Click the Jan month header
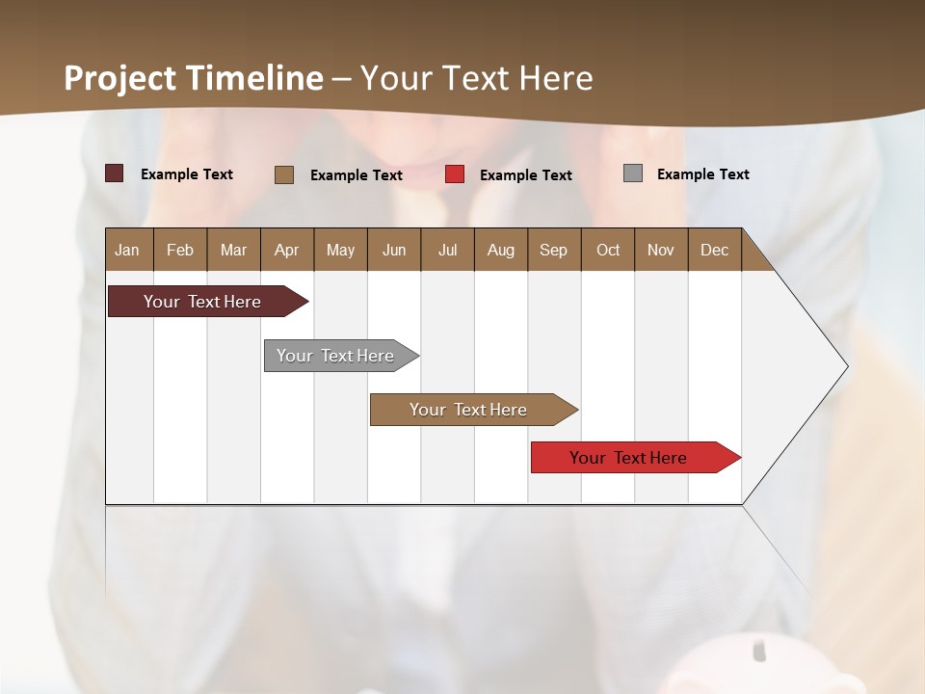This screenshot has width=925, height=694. [127, 250]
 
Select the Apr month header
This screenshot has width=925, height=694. [286, 250]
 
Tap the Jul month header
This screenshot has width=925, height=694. [447, 250]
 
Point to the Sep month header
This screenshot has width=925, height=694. [553, 250]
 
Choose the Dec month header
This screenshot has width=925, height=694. [714, 250]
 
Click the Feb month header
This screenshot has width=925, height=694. [180, 250]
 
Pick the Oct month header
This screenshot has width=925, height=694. [608, 250]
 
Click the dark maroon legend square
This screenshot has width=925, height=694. [114, 173]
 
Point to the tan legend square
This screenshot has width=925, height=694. [284, 174]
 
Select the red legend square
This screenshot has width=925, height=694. [455, 174]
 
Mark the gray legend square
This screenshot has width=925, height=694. [633, 173]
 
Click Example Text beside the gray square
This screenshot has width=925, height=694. [702, 174]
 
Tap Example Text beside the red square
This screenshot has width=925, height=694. [525, 175]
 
